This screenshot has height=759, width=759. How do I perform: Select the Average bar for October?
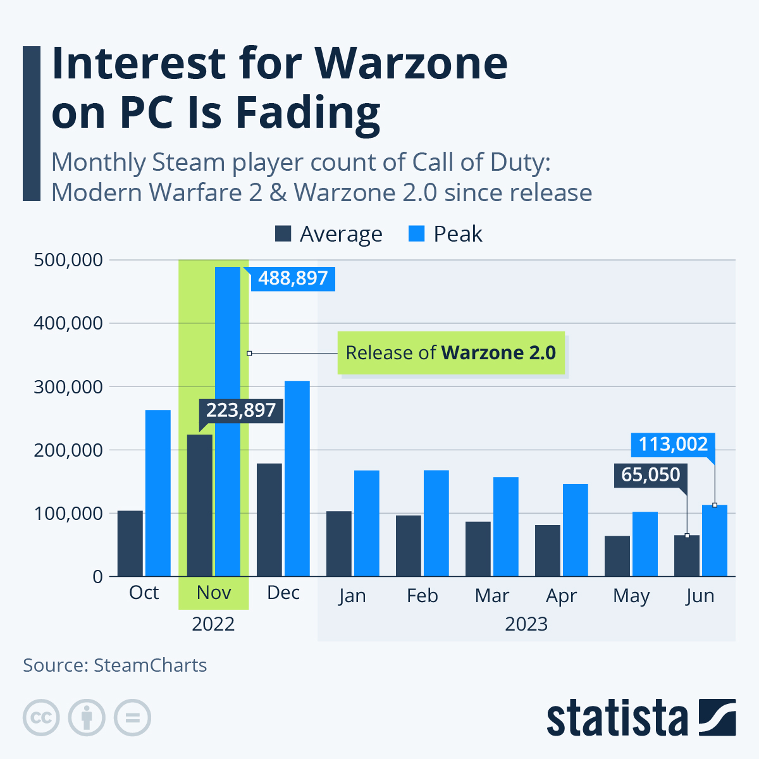tap(130, 543)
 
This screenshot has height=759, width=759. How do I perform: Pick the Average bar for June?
tap(687, 556)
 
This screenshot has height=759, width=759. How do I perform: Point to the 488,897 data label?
tap(293, 278)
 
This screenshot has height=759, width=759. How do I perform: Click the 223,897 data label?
tap(241, 410)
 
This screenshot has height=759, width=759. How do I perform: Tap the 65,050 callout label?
tap(651, 474)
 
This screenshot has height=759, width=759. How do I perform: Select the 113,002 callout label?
tap(673, 444)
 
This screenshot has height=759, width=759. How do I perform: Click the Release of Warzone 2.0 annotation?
tap(450, 353)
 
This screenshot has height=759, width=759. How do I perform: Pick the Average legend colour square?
tap(283, 234)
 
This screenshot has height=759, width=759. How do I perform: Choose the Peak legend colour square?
tap(416, 234)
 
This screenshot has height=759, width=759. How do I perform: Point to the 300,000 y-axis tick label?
tap(68, 387)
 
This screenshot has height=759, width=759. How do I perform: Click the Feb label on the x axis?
tap(422, 596)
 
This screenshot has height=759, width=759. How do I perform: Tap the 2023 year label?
tap(526, 624)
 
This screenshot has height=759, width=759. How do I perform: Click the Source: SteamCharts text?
tap(115, 665)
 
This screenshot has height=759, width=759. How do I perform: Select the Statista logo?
tap(641, 719)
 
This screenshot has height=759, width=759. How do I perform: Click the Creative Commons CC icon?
tap(41, 718)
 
